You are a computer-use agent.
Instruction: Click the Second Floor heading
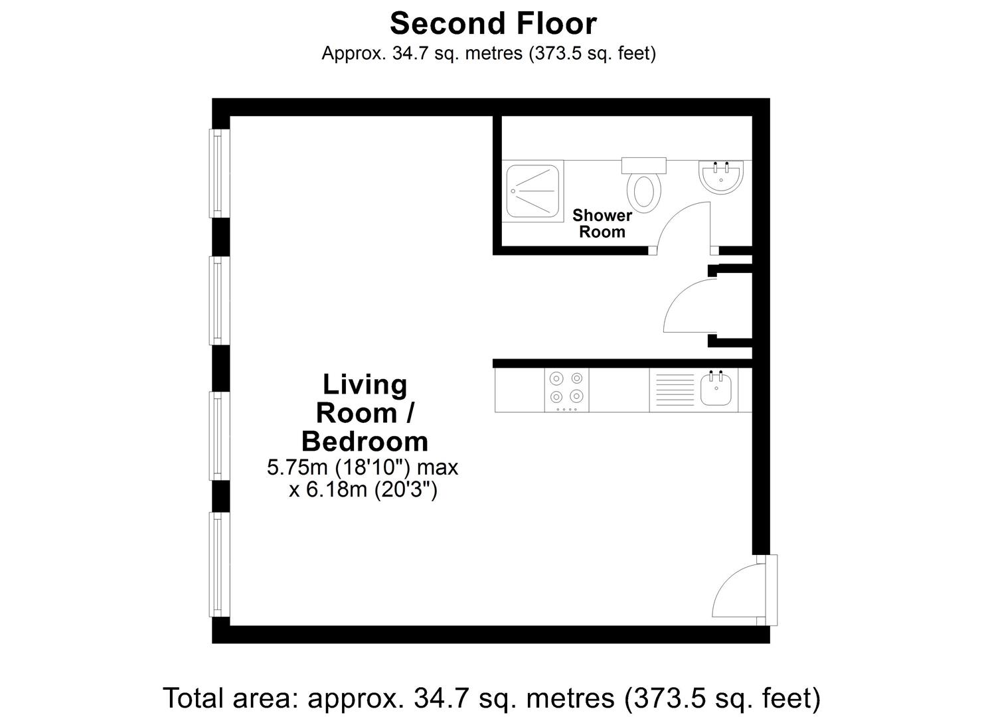coord(493,23)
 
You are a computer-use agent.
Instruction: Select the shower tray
coord(533,191)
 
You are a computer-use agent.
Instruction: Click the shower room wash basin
coord(721,177)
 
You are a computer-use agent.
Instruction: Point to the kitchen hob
coord(566,390)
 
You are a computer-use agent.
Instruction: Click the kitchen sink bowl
coord(716,389)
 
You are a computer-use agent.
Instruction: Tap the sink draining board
coord(675,390)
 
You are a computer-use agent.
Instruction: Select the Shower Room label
coord(602,223)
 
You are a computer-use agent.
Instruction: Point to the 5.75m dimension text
coord(363,467)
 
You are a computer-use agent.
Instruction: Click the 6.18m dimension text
coord(363,489)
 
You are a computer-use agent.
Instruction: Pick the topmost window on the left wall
coord(219,173)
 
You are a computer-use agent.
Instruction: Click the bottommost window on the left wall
coord(219,564)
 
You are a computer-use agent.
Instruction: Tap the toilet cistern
coord(643,165)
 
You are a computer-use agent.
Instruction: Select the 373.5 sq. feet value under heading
coord(592,53)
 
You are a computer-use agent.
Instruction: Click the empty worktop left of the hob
coord(520,390)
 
